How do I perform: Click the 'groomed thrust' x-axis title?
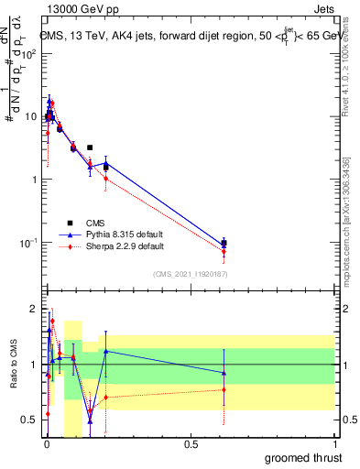click(x=304, y=456)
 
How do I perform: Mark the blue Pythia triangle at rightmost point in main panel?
click(x=224, y=242)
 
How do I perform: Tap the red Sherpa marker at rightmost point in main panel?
click(x=224, y=251)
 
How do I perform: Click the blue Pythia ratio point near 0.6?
click(x=224, y=372)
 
